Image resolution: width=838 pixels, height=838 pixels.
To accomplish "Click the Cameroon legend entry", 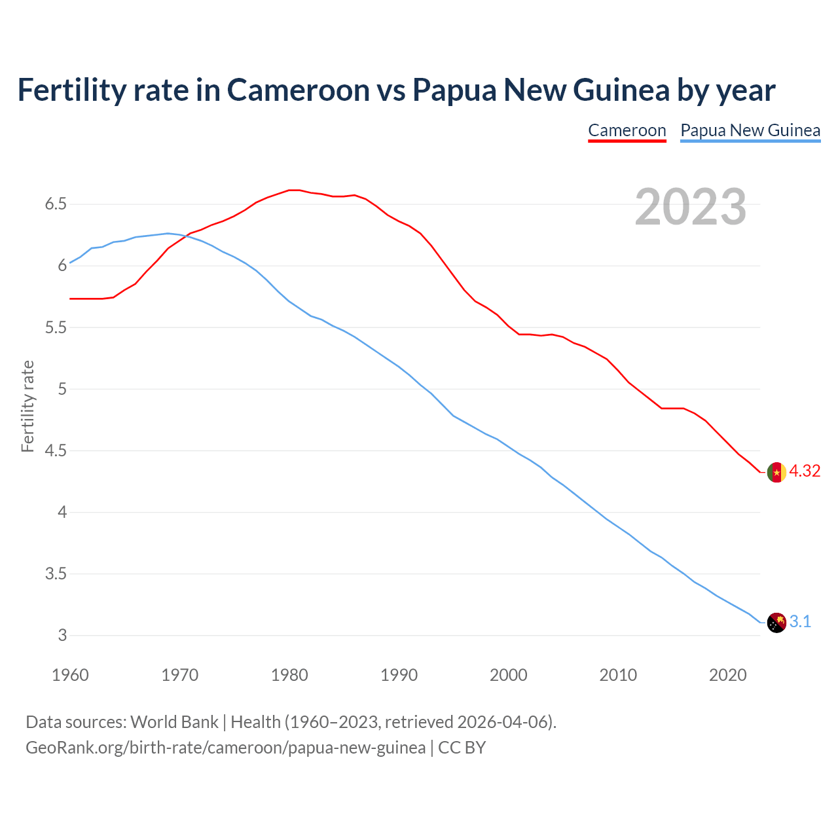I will [627, 130].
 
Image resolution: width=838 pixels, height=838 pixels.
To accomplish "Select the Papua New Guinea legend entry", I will [750, 130].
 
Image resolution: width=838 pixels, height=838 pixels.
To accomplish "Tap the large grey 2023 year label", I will [690, 207].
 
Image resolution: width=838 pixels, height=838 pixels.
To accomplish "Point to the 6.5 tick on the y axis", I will [56, 204].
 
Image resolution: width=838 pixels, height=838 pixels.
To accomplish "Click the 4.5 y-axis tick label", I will [56, 451].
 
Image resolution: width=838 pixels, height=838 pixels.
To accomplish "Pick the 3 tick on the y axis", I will [63, 636].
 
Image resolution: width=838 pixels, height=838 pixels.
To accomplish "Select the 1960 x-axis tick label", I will [70, 675].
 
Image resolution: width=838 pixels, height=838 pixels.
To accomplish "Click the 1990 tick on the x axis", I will [399, 675].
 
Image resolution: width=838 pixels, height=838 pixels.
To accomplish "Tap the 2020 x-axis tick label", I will [727, 675].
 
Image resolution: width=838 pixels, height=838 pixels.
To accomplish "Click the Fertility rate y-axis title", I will [27, 406].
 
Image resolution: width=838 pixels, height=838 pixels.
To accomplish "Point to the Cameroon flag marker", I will [776, 472].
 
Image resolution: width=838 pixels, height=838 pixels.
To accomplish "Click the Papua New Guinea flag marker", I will [776, 623].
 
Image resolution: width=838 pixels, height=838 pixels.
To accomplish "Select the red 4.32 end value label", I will [805, 471].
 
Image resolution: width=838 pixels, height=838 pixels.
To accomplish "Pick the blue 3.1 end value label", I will [800, 622].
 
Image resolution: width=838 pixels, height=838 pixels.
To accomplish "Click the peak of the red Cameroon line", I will [294, 190].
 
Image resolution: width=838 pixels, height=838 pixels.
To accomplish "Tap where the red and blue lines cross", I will [185, 236].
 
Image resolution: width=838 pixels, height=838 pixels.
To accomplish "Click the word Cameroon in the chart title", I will [298, 90].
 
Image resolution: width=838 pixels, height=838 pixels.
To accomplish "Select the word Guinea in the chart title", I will [621, 90].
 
